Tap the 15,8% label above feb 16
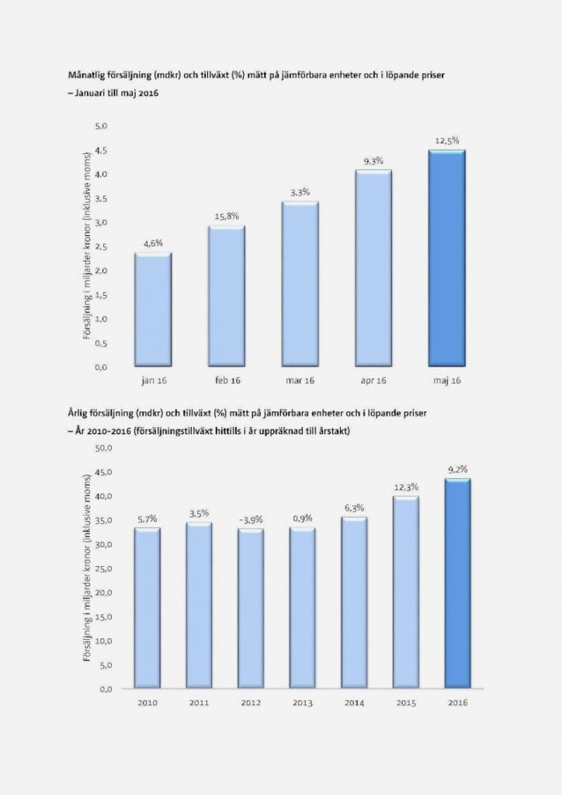click(x=226, y=216)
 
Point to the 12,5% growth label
click(x=446, y=141)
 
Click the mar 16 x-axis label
click(x=300, y=380)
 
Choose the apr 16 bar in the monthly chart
click(x=373, y=268)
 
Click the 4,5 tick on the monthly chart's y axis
click(x=101, y=150)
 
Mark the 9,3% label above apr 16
click(x=373, y=161)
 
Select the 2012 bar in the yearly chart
click(x=250, y=609)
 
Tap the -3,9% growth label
click(x=250, y=519)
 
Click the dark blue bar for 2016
click(x=457, y=584)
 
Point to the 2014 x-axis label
click(x=354, y=703)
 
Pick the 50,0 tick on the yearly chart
click(x=104, y=448)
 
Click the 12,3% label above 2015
click(x=406, y=487)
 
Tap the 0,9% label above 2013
click(x=302, y=518)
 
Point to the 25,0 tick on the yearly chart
click(x=104, y=568)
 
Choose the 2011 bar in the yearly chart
click(x=199, y=606)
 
